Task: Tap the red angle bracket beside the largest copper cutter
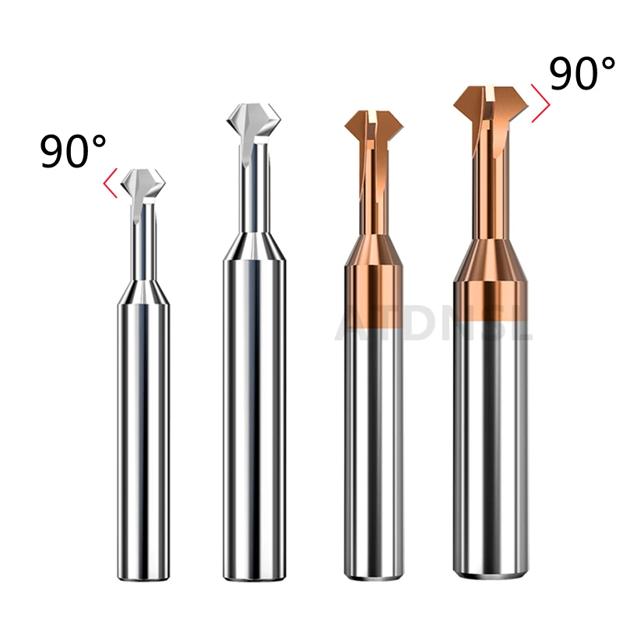click(540, 103)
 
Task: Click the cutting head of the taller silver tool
click(253, 125)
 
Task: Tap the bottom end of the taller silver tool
click(254, 575)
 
